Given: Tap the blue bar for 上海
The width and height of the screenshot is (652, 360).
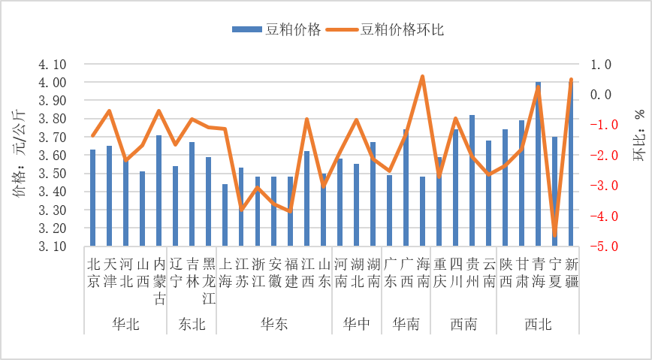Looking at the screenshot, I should point(225,215).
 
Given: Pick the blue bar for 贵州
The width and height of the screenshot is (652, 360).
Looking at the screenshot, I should point(472,180).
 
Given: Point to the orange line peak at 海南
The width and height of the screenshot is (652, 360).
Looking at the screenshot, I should point(422,77).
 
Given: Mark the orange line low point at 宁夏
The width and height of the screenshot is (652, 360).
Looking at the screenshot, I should point(554,235).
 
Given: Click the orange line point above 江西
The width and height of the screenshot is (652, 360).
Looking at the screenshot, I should point(307,119).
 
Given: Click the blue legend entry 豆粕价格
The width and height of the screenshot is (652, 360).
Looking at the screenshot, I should point(278,29).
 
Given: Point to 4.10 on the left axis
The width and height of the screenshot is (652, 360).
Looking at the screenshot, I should point(53,65).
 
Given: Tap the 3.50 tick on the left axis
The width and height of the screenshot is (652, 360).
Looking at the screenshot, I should point(53,174).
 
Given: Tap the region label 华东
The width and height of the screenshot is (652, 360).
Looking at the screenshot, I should point(273,325).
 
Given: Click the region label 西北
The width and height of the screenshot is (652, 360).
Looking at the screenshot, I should point(538,325).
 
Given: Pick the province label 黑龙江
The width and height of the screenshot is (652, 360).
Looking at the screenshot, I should point(208,282).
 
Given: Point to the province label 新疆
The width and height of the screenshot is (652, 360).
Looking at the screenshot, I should point(572,273).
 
